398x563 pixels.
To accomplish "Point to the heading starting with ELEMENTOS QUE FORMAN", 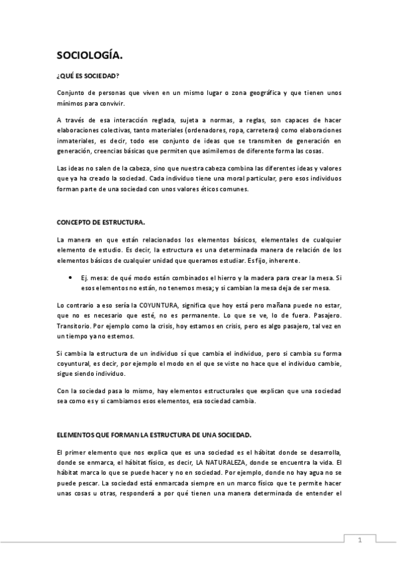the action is [x=153, y=435].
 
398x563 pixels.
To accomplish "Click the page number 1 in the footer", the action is [x=359, y=540].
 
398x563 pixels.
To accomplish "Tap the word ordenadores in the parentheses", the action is [x=213, y=130].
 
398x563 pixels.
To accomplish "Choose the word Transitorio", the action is [x=74, y=326].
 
